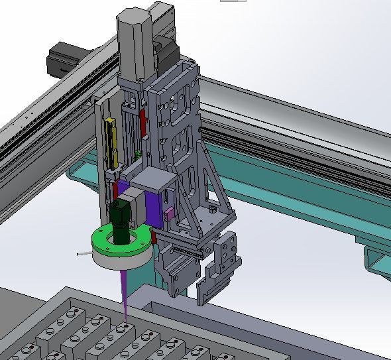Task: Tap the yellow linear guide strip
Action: coord(112,143)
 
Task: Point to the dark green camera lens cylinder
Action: coord(122,221)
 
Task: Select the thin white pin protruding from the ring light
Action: coord(82,253)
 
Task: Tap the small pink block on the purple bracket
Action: coord(169,213)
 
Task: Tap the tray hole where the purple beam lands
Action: coord(122,326)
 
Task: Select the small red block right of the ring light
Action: coord(153,236)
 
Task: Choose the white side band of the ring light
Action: coord(116,259)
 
